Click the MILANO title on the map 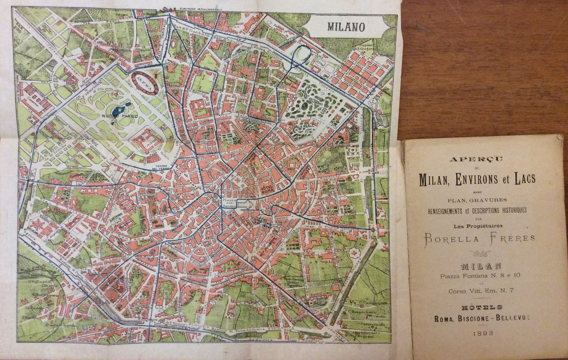click(346, 27)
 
